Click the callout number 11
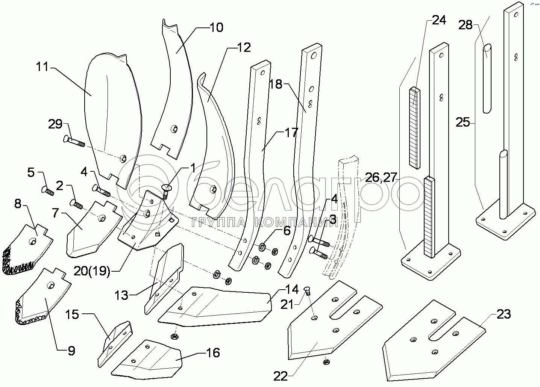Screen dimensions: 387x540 tap(42, 67)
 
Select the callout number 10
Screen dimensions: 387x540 tap(216, 27)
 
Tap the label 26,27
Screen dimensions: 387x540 tap(381, 177)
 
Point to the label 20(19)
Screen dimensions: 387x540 tap(92, 271)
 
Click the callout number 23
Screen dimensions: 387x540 tap(504, 314)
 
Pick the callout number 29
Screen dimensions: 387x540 tap(55, 124)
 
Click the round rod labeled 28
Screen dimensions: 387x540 tap(487, 79)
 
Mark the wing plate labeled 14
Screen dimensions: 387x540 tap(218, 306)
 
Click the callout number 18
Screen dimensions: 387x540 tap(276, 84)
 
